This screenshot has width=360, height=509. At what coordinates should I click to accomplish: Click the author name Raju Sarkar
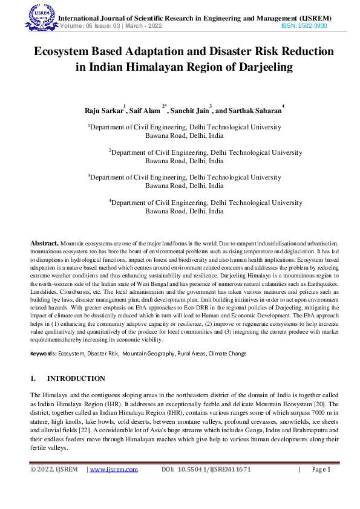click(x=104, y=111)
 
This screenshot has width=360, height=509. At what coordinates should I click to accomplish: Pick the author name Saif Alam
click(x=145, y=111)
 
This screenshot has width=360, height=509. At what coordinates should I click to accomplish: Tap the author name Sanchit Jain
click(x=189, y=111)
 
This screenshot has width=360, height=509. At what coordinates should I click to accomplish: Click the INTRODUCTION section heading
click(x=76, y=379)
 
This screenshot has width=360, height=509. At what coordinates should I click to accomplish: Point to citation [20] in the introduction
click(x=325, y=403)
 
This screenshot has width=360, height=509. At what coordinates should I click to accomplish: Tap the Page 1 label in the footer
click(x=321, y=470)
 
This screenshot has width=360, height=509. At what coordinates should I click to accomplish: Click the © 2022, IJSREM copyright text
click(x=54, y=470)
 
